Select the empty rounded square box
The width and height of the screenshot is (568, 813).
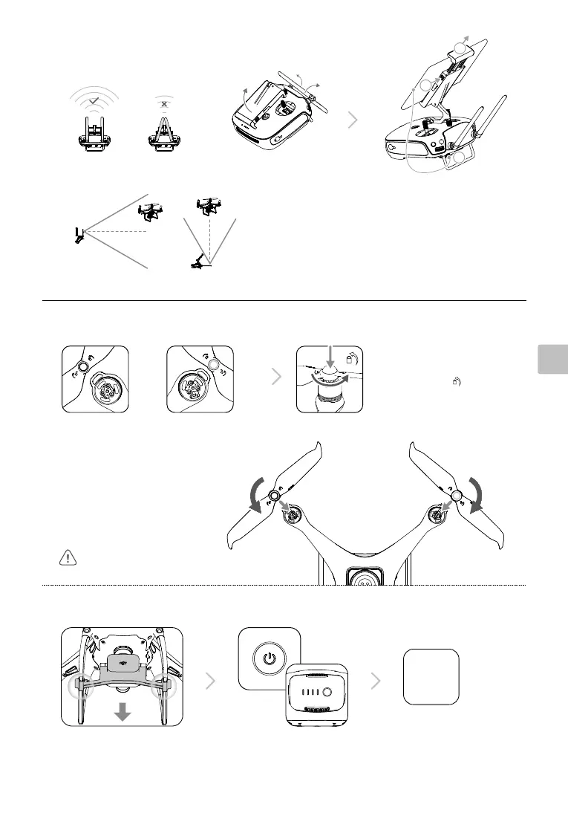click(431, 676)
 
